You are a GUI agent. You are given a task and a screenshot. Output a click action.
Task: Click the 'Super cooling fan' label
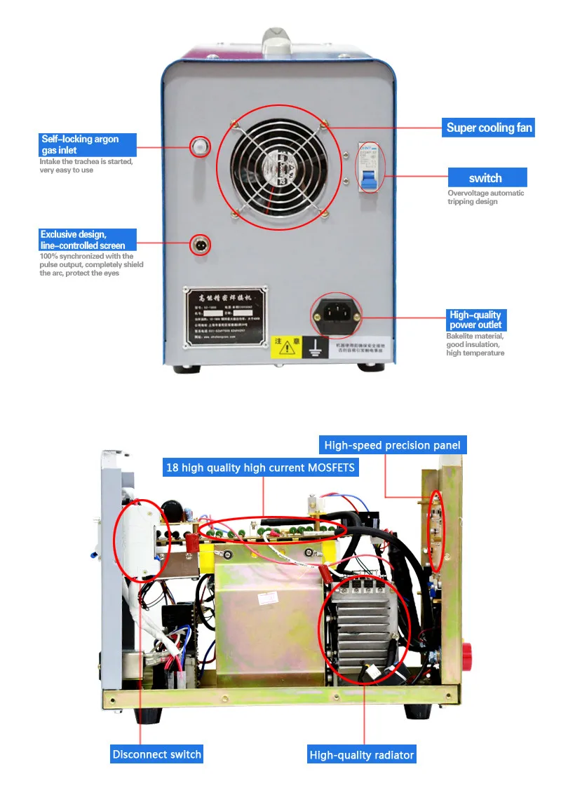click(x=489, y=128)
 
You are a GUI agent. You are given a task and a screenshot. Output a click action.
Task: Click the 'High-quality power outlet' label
click(x=475, y=320)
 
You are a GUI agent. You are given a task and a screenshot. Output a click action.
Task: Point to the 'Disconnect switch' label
click(x=156, y=754)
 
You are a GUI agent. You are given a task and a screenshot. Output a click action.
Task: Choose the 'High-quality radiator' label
click(x=362, y=755)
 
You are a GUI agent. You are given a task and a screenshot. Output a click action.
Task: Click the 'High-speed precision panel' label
click(x=392, y=445)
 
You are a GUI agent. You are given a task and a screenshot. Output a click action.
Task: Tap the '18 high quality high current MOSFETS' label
click(x=260, y=467)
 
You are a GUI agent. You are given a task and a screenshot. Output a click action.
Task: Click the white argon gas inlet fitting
click(x=201, y=145)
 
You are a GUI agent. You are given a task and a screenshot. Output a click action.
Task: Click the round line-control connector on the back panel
click(x=201, y=245)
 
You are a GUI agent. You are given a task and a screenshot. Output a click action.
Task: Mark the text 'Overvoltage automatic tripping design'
click(x=485, y=197)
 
